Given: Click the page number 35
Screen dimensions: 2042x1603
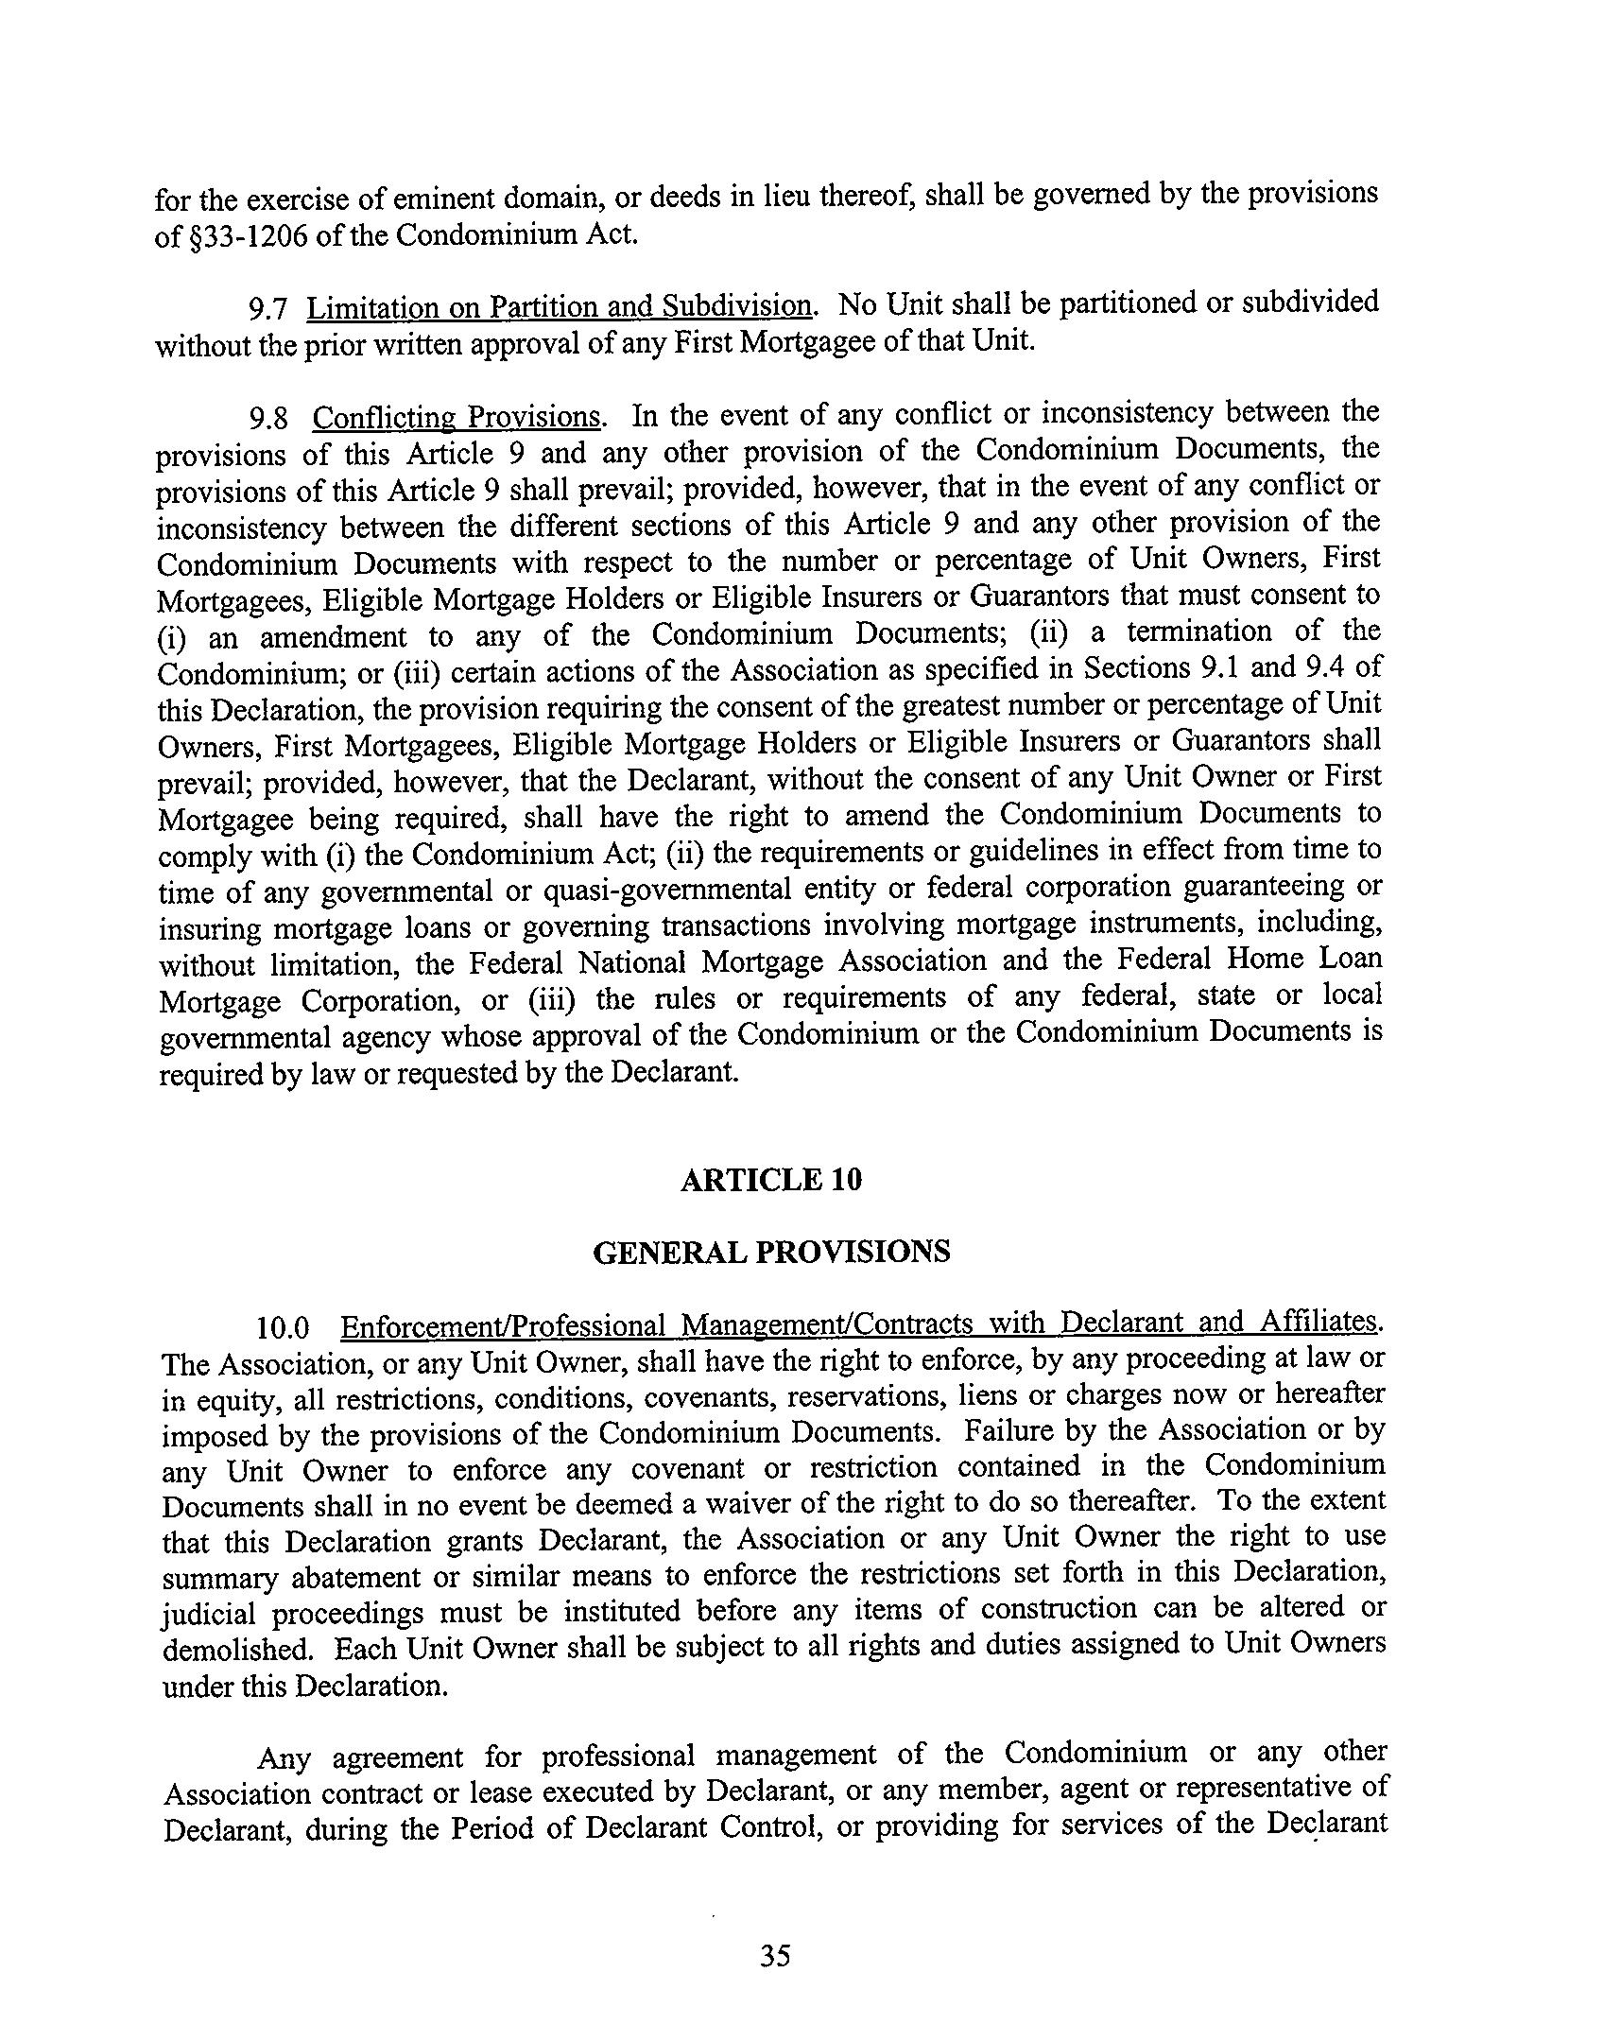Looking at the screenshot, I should coord(774,1955).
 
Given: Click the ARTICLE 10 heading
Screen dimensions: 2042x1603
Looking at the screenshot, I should coord(770,1181).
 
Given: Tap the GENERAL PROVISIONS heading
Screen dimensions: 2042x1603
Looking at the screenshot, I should coord(770,1252).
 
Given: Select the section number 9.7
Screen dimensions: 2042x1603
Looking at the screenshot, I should coord(267,308).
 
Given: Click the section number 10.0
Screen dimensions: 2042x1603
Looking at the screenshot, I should coord(283,1327).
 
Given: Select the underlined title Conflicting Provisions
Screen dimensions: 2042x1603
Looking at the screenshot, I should coord(457,417).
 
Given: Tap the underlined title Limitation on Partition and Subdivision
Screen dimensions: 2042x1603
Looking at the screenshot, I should coord(560,306).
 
